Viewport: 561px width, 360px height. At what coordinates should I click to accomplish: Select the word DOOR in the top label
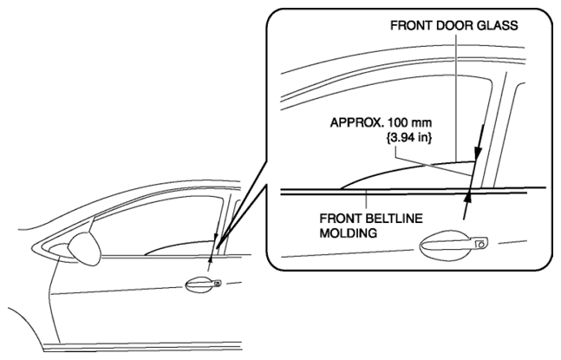(x=453, y=26)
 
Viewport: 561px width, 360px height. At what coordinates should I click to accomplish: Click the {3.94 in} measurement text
(x=409, y=137)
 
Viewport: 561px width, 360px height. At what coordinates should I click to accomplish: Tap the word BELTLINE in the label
(x=395, y=219)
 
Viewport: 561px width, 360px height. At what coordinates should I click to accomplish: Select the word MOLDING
(x=348, y=233)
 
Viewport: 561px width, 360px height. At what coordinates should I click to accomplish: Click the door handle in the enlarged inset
(x=453, y=245)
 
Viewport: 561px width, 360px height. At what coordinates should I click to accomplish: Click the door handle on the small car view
(x=203, y=285)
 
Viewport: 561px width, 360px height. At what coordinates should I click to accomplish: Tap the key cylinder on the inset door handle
(x=481, y=244)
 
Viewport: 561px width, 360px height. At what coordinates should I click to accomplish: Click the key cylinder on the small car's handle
(x=217, y=284)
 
